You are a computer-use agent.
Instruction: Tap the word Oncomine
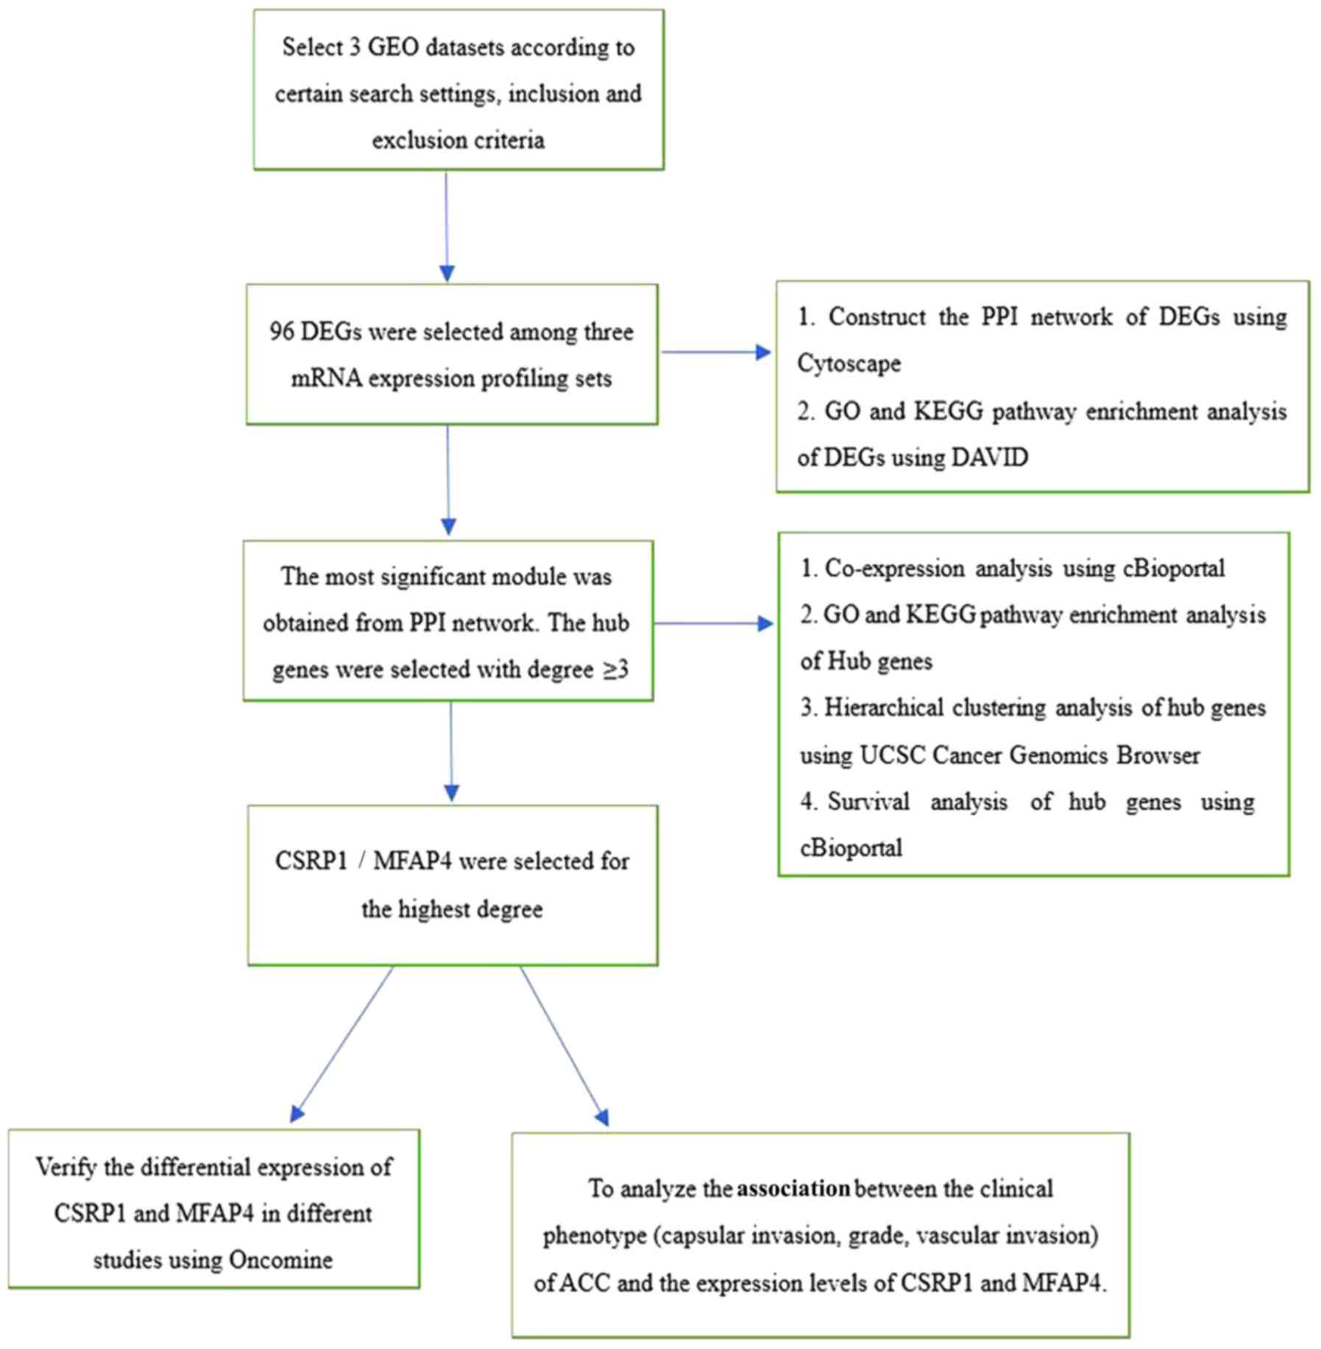tap(280, 1260)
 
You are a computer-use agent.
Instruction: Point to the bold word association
tap(793, 1189)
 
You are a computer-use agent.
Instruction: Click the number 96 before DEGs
tap(281, 332)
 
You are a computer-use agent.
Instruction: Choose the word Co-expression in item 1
tap(894, 569)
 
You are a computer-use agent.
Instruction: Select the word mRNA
tap(326, 379)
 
